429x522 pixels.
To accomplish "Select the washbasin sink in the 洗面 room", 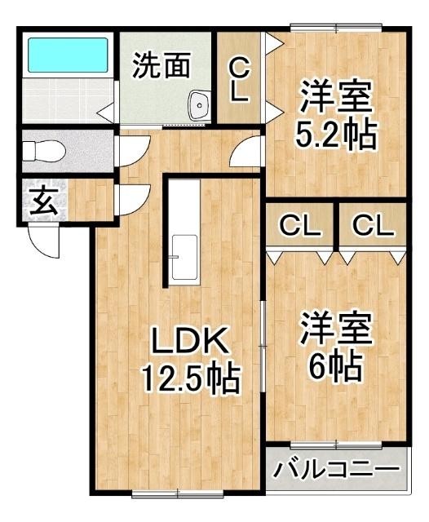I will click(x=199, y=103).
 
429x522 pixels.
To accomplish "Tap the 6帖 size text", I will click(x=335, y=367).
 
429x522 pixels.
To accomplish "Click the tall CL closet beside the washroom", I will click(x=239, y=79).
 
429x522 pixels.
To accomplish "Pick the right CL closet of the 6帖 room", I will click(x=372, y=226).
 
